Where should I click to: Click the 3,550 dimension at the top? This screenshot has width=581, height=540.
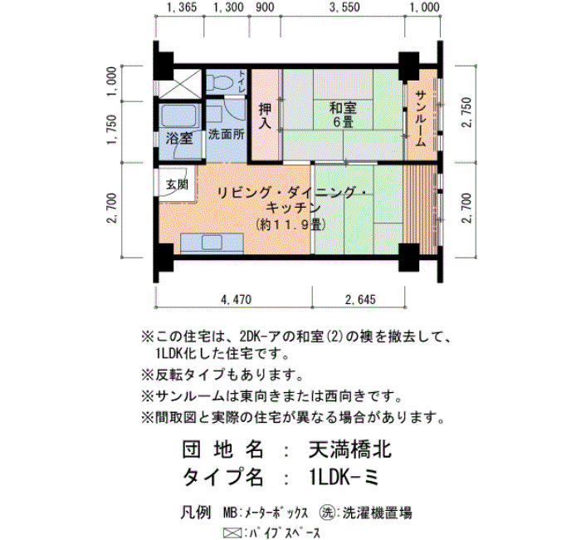[344, 7]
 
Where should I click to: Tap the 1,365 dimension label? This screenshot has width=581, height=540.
[183, 7]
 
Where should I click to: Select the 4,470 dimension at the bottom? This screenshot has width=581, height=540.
[236, 299]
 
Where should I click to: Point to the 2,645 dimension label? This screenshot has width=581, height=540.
[360, 299]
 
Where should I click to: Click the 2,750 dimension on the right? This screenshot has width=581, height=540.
[467, 112]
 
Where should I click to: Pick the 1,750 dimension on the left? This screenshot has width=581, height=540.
[112, 130]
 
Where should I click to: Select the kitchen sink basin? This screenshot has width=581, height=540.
[212, 243]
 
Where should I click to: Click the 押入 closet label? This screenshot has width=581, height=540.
[265, 115]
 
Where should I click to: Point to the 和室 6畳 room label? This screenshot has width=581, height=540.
[343, 115]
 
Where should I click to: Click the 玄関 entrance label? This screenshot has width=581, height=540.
[177, 184]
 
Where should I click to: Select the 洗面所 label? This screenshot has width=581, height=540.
[226, 135]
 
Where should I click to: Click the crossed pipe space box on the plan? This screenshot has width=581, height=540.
[180, 85]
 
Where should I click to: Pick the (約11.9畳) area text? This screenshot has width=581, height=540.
[290, 224]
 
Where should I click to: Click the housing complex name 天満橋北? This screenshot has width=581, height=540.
[349, 450]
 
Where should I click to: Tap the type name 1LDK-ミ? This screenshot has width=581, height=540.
[343, 478]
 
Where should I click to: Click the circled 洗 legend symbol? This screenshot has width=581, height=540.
[327, 513]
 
